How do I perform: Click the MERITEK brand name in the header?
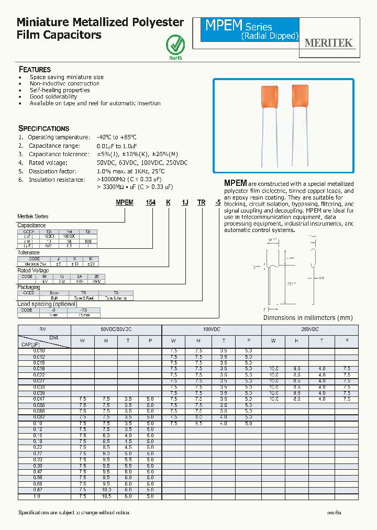click(x=329, y=43)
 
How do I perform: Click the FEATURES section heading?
click(x=35, y=70)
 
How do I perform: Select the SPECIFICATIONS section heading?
click(x=44, y=128)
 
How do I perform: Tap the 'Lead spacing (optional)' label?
click(x=47, y=304)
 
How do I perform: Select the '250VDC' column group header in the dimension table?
click(x=309, y=329)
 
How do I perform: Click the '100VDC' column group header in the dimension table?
click(x=212, y=329)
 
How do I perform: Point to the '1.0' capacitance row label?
click(x=37, y=496)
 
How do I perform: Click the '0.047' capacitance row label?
click(x=37, y=399)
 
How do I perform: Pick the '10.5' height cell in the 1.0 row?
click(x=106, y=496)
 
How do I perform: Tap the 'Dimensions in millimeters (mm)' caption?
click(x=308, y=318)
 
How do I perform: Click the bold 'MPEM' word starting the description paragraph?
click(x=235, y=183)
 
